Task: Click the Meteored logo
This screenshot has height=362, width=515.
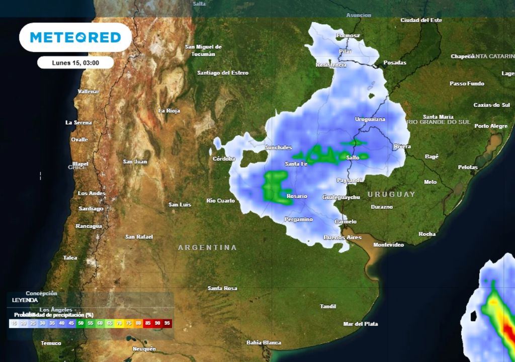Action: pos(75,37)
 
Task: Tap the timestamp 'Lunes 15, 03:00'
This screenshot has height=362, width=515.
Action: pos(75,63)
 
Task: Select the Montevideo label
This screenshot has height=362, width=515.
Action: pos(388,245)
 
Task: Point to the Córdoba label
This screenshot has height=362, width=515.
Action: pos(224,159)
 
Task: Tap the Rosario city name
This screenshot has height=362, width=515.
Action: pos(297,196)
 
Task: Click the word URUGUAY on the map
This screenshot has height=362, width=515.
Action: pos(391,194)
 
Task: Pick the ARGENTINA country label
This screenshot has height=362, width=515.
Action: pos(207,247)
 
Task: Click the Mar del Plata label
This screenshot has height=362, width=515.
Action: pos(360,324)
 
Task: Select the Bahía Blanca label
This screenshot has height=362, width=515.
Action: pos(264,342)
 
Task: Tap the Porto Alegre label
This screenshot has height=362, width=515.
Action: pos(491,126)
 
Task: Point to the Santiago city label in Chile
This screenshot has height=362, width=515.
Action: pos(91,208)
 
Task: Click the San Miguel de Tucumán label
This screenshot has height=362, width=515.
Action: pos(203,50)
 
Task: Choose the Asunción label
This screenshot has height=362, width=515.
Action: pos(359,15)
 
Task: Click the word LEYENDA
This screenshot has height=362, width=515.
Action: pos(25,300)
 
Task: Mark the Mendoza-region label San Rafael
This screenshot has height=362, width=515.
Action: pos(139,236)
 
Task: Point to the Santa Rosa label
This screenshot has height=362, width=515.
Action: pos(222,288)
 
